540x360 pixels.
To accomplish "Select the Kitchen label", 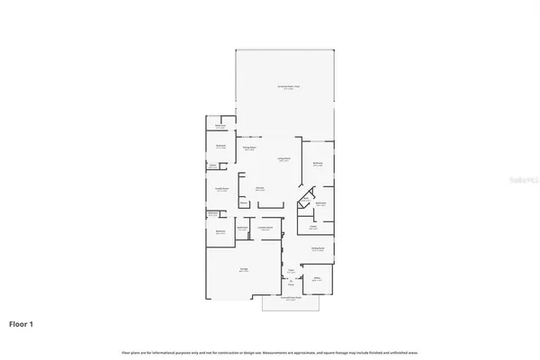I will coord(259,189).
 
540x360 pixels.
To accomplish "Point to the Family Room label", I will coord(220,189).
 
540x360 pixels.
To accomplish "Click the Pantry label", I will coord(243,204).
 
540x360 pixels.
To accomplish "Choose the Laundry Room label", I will coord(266,228).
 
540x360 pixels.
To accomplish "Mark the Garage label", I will coord(244,269).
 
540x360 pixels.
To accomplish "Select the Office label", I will coord(317,280).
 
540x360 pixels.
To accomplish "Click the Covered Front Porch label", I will coord(290,300).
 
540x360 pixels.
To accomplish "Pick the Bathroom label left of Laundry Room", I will coord(242,228).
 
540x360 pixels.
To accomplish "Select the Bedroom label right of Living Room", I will coord(318,164).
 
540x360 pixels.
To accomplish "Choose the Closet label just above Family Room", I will coord(213,166).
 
